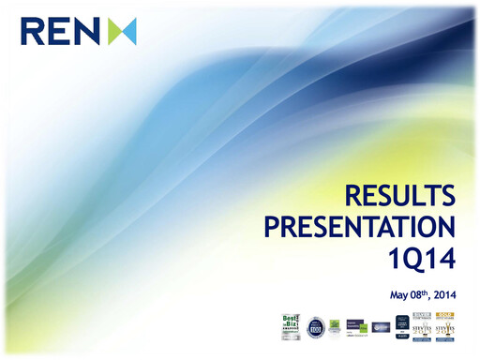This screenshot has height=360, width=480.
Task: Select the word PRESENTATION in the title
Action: (x=360, y=227)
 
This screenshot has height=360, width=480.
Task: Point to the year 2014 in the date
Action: (x=442, y=295)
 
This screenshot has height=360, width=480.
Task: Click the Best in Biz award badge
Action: (x=291, y=327)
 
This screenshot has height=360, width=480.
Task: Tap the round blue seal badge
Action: (x=315, y=328)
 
